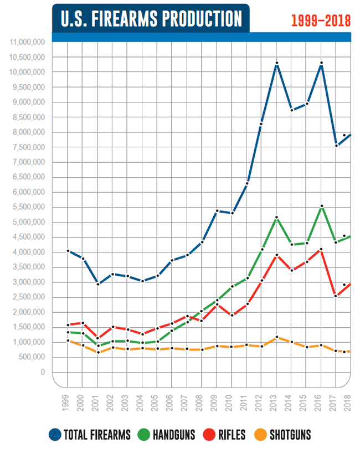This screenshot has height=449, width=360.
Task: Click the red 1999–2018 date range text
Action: click(x=321, y=20)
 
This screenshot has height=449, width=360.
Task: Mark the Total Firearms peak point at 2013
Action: click(x=276, y=64)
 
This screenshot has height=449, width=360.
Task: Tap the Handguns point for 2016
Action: click(x=321, y=207)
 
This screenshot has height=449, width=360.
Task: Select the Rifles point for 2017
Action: click(x=336, y=296)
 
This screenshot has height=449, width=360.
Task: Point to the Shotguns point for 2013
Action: click(x=276, y=337)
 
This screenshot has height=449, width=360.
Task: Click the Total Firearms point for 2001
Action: click(x=97, y=284)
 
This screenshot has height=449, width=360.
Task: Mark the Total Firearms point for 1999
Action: click(x=68, y=251)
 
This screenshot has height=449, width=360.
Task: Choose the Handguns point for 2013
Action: click(x=276, y=217)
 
